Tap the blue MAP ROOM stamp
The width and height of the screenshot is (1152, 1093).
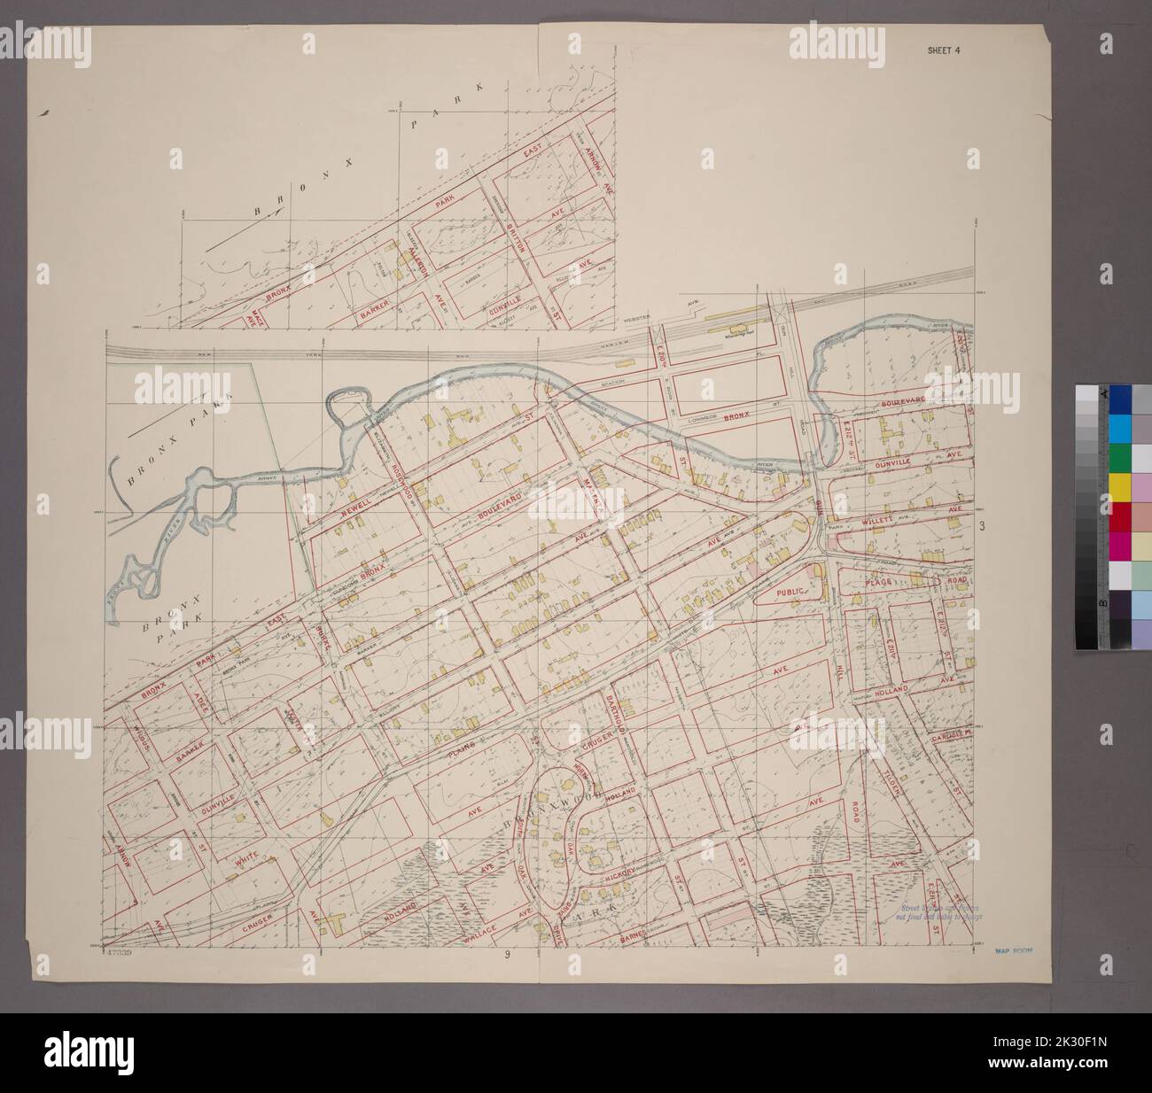pos(1015,950)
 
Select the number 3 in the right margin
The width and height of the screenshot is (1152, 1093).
pos(982,527)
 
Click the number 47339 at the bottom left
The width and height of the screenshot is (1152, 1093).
pos(118,952)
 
